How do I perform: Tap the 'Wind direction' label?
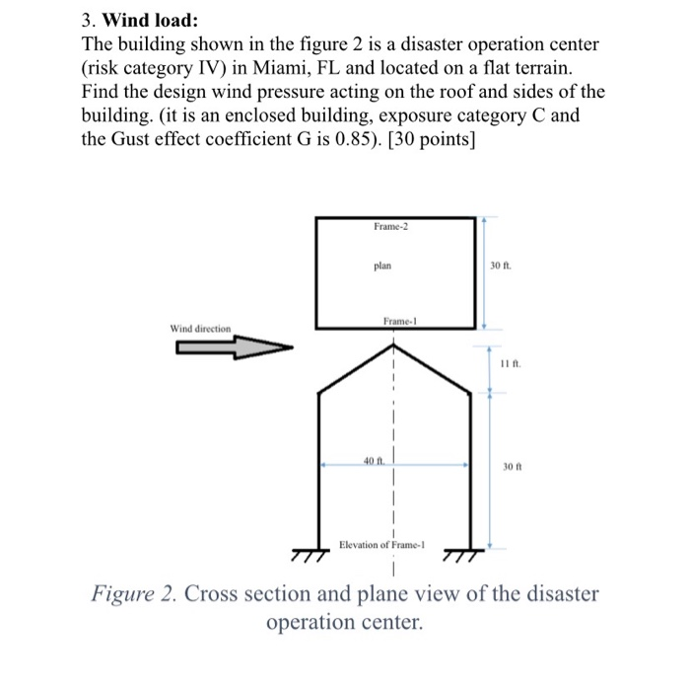pyautogui.click(x=200, y=328)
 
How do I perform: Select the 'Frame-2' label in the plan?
pyautogui.click(x=391, y=227)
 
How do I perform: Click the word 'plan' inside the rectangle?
pyautogui.click(x=383, y=266)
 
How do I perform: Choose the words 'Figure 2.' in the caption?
pyautogui.click(x=133, y=596)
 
